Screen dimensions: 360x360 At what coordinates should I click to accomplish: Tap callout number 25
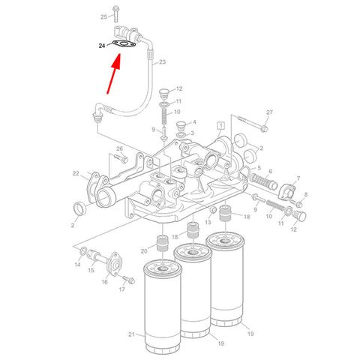[x=103, y=16]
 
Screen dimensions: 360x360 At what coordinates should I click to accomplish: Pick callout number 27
[x=269, y=112]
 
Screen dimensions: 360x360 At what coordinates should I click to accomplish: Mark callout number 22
[x=76, y=173]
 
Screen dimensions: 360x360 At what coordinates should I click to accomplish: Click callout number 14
[x=77, y=265]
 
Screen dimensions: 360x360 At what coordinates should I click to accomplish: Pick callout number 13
[x=208, y=223]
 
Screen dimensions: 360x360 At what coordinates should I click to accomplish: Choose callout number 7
[x=298, y=179]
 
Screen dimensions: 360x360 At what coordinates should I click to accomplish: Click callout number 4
[x=193, y=122]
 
